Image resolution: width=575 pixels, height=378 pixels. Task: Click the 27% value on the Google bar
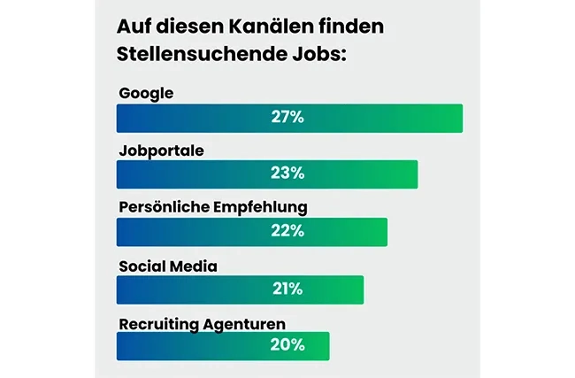[287, 118]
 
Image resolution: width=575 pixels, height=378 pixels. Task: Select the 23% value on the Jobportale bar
[287, 174]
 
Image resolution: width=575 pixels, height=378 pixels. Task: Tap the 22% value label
[287, 231]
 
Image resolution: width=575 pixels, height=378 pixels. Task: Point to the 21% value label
[287, 289]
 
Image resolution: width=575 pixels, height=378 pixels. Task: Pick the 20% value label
[287, 345]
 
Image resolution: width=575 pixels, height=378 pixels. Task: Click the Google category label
[146, 93]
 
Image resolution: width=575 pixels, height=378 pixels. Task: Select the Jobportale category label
[162, 150]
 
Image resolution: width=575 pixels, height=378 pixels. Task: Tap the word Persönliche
[163, 208]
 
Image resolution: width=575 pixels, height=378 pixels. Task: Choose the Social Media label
[168, 266]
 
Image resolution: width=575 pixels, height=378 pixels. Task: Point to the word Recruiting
[156, 323]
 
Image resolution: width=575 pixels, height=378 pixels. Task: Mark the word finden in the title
[348, 27]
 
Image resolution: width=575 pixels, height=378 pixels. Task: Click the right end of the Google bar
[460, 118]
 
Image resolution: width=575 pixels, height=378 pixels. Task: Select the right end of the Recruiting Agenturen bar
[326, 345]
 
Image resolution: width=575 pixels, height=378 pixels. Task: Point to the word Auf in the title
[134, 27]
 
